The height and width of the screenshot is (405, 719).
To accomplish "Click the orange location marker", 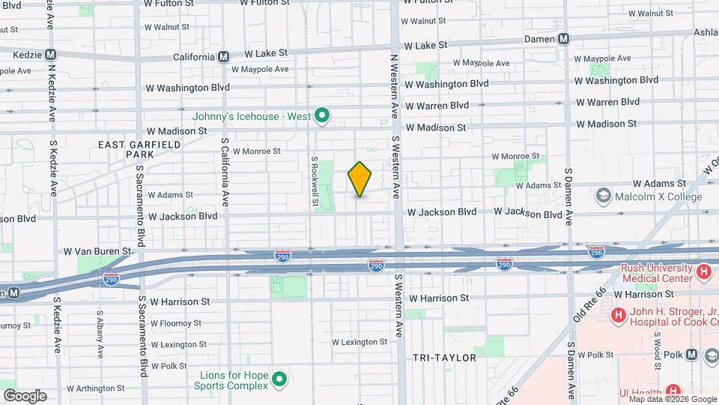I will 360,179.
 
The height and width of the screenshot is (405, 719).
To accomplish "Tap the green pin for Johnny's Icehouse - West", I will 322,115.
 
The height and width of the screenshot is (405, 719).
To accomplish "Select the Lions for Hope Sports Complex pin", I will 279,379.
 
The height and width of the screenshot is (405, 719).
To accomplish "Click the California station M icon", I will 223,56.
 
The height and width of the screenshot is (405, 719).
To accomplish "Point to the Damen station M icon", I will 564,39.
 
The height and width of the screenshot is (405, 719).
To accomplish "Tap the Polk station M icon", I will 691,355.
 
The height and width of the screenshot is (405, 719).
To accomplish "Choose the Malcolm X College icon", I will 603,196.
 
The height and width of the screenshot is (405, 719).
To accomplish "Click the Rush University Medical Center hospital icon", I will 703,272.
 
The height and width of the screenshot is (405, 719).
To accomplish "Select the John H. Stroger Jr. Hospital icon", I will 618,316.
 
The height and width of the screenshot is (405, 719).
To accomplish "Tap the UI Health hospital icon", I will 673,391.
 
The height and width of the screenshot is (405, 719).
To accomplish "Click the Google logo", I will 25,395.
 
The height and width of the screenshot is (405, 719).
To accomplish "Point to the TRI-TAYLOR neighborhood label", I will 444,358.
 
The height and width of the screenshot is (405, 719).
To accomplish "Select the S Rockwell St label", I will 315,181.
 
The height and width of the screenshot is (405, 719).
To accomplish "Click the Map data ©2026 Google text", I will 667,399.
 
